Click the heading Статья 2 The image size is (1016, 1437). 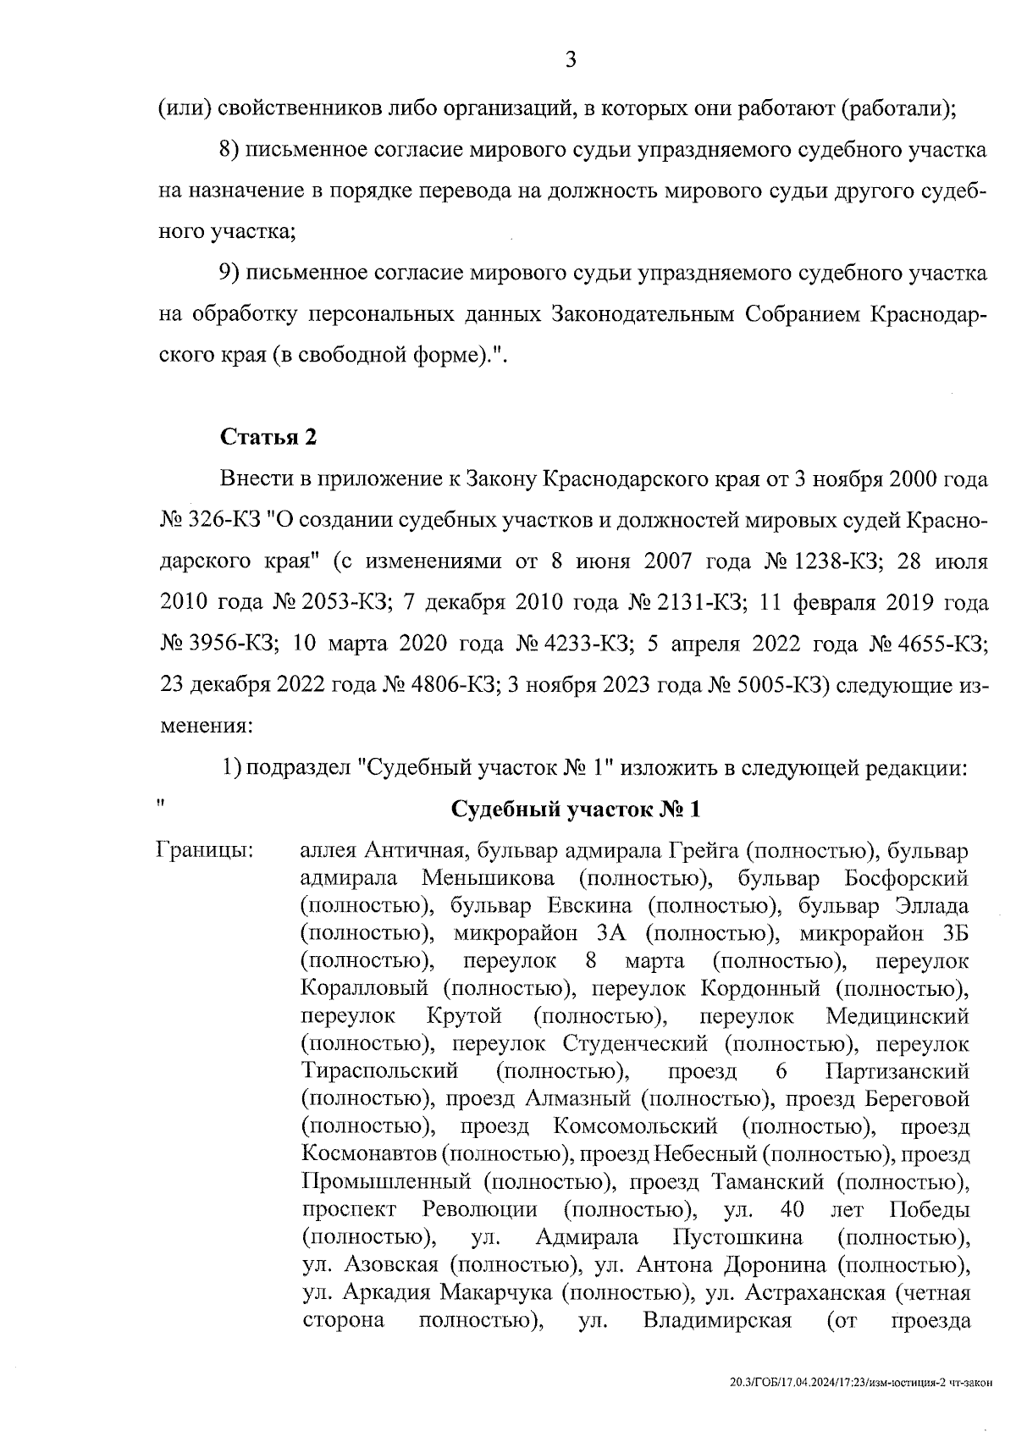coord(268,437)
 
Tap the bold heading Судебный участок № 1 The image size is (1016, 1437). coord(577,809)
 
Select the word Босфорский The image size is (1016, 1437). coord(906,877)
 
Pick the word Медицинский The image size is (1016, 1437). coord(897,1015)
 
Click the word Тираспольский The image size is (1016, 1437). coord(379,1071)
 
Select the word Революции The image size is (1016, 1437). coord(479,1210)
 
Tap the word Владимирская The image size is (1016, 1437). coord(716,1320)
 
